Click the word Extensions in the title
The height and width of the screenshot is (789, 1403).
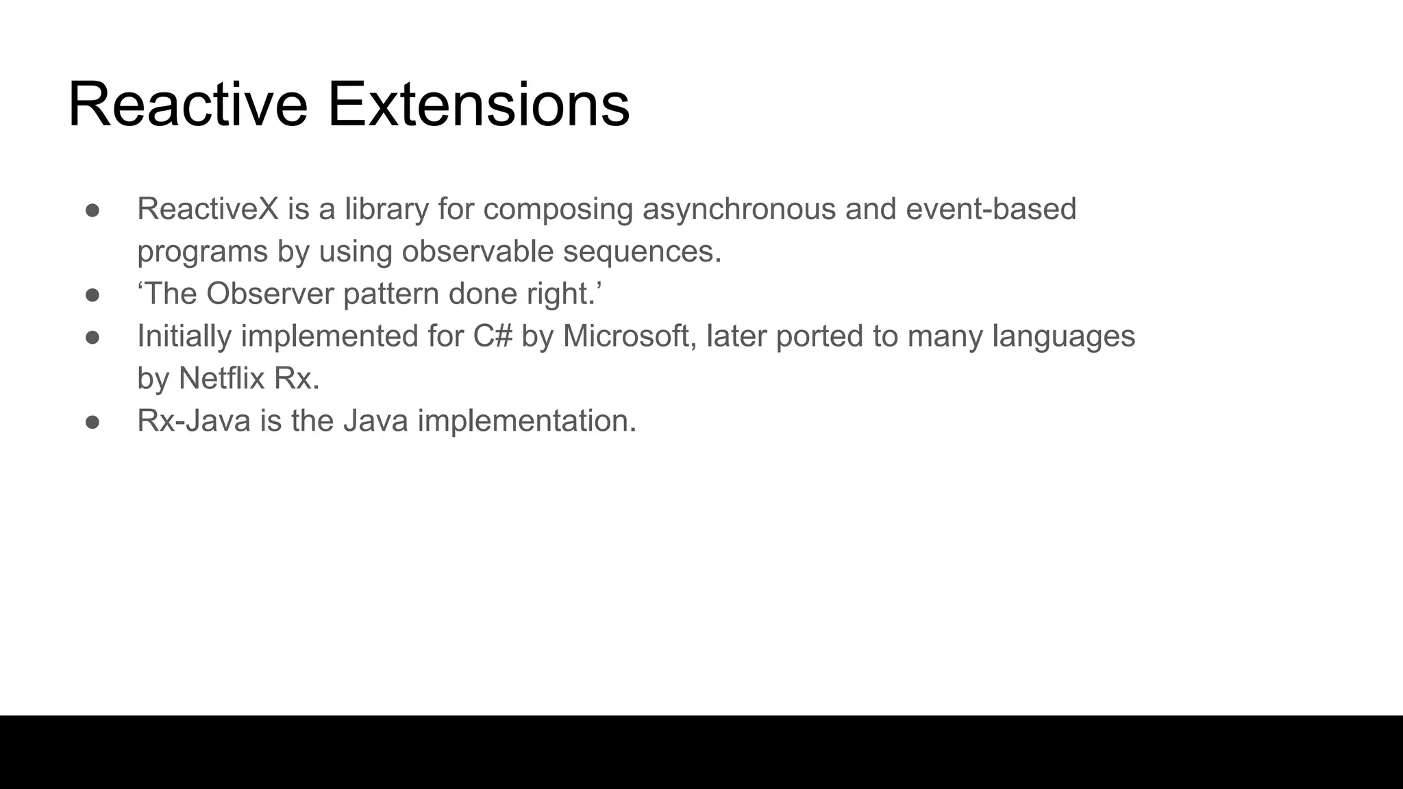point(478,104)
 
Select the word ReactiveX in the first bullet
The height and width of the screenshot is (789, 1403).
point(208,209)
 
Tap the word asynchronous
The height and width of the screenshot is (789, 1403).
point(738,209)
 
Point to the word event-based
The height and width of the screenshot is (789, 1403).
point(991,209)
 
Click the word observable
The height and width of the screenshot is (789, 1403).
point(477,251)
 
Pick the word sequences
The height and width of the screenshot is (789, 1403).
point(642,251)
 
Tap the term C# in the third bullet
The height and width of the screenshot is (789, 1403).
point(493,336)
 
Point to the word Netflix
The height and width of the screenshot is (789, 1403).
point(221,378)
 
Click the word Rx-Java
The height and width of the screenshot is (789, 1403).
point(194,421)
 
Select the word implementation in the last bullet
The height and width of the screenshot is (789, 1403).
point(527,421)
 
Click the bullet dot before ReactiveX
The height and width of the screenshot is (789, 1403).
point(92,210)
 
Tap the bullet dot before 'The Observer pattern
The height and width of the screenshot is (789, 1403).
point(92,295)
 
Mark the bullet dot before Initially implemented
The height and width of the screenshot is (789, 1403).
point(92,338)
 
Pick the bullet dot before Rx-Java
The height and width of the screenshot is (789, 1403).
point(92,422)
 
